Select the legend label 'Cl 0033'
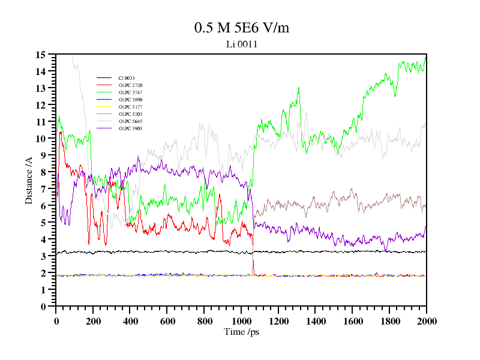point(127,78)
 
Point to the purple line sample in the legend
point(104,128)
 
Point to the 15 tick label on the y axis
point(41,55)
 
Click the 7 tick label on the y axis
point(43,189)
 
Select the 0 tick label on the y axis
point(43,307)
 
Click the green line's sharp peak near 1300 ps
point(298,88)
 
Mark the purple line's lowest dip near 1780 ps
point(386,250)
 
